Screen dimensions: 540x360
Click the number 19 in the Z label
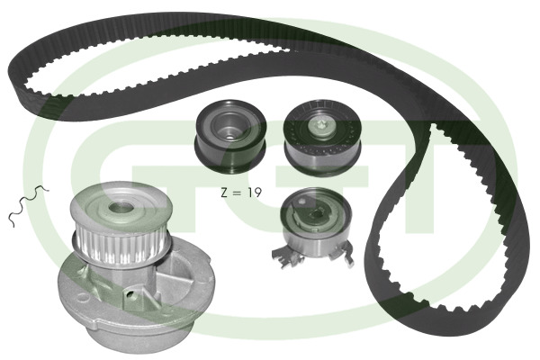(x=255, y=193)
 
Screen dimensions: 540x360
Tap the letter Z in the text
(x=224, y=193)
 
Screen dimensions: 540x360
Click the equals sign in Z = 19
(x=237, y=193)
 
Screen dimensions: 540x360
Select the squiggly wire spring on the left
(x=29, y=205)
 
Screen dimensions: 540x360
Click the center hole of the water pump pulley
(x=121, y=207)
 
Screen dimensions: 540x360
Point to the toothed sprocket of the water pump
(x=121, y=244)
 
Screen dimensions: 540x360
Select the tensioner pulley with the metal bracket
(x=314, y=228)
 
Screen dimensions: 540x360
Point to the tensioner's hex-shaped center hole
(x=315, y=215)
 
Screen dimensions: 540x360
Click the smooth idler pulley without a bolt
(x=230, y=138)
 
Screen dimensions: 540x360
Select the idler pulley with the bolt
(x=322, y=138)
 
